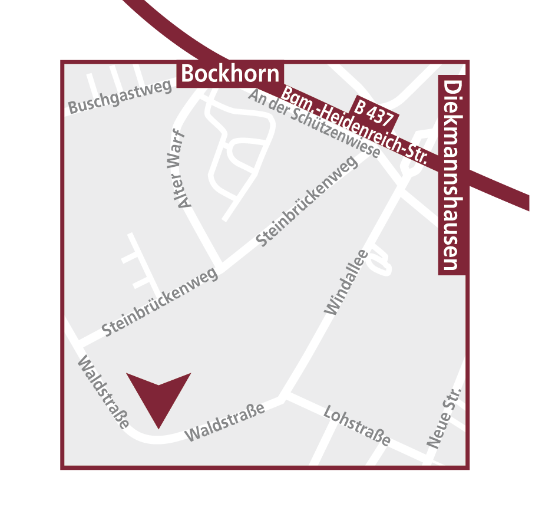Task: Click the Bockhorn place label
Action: tap(230, 74)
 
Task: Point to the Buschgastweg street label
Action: tap(120, 97)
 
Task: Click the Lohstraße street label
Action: tap(357, 426)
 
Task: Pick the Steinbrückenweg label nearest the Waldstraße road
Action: tap(160, 302)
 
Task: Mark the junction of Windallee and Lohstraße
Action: tap(285, 396)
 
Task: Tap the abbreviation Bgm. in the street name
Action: tap(293, 97)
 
